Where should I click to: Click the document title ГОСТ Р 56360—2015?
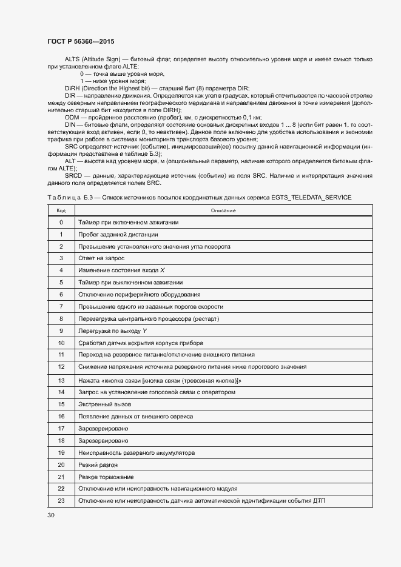click(81, 42)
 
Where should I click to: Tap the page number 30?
click(50, 515)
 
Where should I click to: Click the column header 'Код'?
click(61, 210)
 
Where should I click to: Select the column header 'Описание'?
click(223, 210)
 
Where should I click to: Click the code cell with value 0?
click(61, 222)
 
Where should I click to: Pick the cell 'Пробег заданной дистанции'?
click(118, 234)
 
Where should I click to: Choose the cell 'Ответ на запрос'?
click(101, 258)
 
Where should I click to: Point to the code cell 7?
click(61, 306)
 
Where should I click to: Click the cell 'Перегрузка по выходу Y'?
click(113, 330)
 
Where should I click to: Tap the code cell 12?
click(61, 367)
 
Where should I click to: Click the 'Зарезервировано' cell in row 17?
click(103, 428)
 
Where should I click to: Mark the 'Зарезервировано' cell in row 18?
click(103, 440)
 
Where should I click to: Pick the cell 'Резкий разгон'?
click(98, 465)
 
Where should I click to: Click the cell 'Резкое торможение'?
click(106, 477)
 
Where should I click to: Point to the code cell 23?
click(61, 500)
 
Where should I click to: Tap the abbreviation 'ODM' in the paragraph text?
click(72, 117)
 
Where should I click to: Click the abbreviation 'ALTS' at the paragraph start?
click(72, 59)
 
